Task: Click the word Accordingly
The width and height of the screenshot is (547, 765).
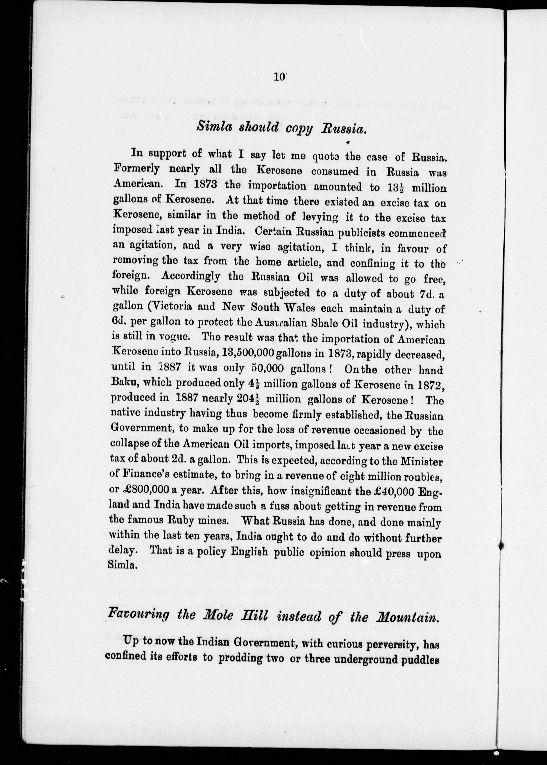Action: coord(191,277)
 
